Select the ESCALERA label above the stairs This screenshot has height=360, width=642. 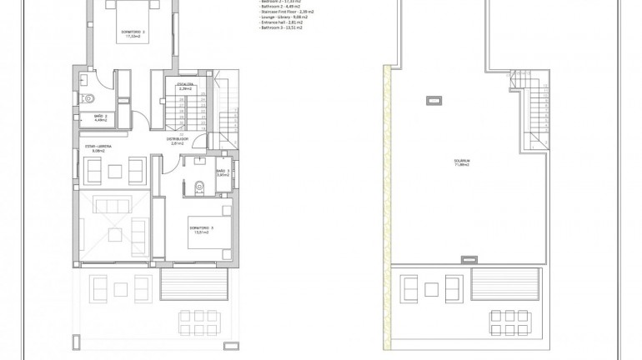click(x=185, y=85)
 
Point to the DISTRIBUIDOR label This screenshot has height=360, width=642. click(x=176, y=141)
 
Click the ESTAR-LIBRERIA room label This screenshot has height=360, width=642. click(x=99, y=148)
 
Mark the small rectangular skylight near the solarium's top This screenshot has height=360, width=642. click(x=432, y=102)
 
